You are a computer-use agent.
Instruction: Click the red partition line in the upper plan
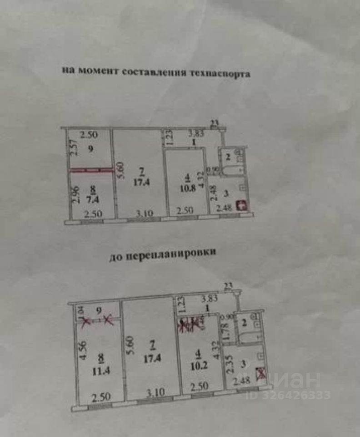(x=91, y=170)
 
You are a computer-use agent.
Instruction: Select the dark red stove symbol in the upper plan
(x=243, y=205)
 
